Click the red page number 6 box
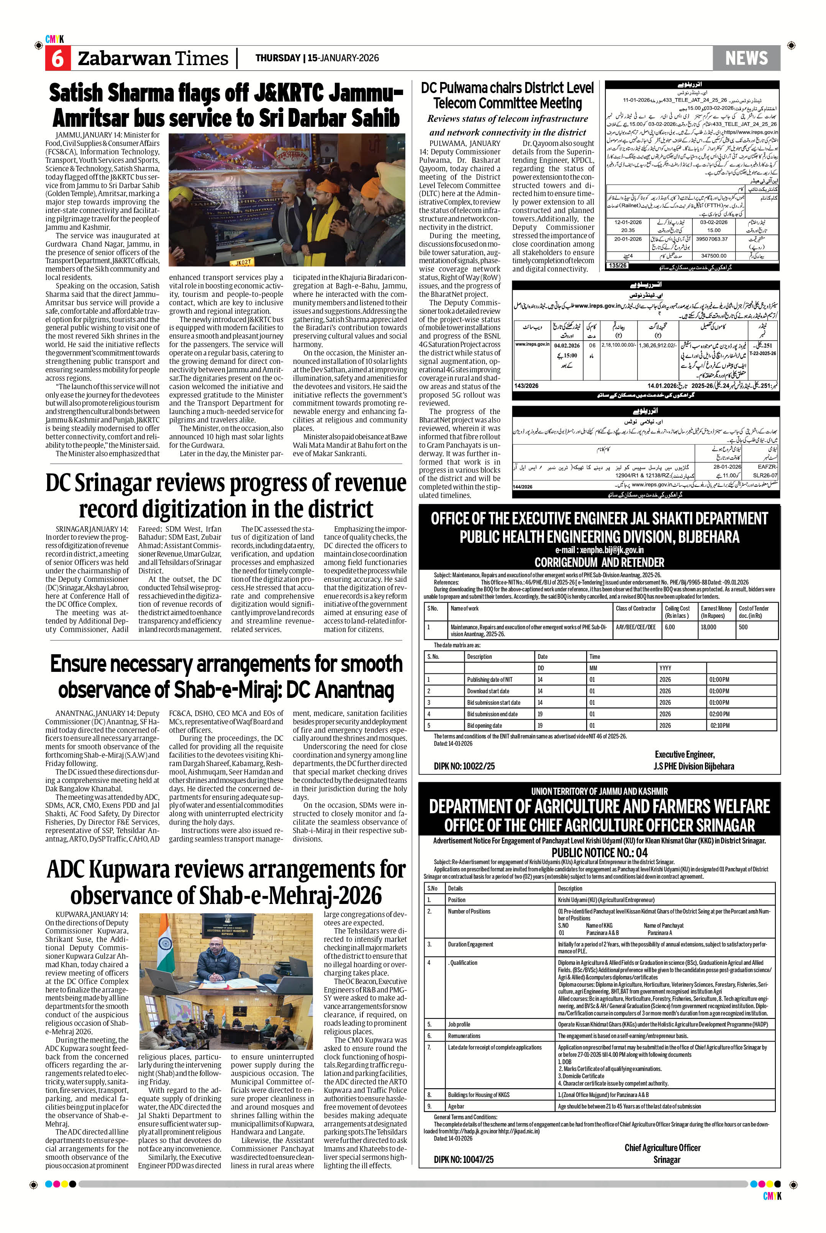[57, 58]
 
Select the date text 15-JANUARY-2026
[343, 58]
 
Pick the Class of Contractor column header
[635, 608]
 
